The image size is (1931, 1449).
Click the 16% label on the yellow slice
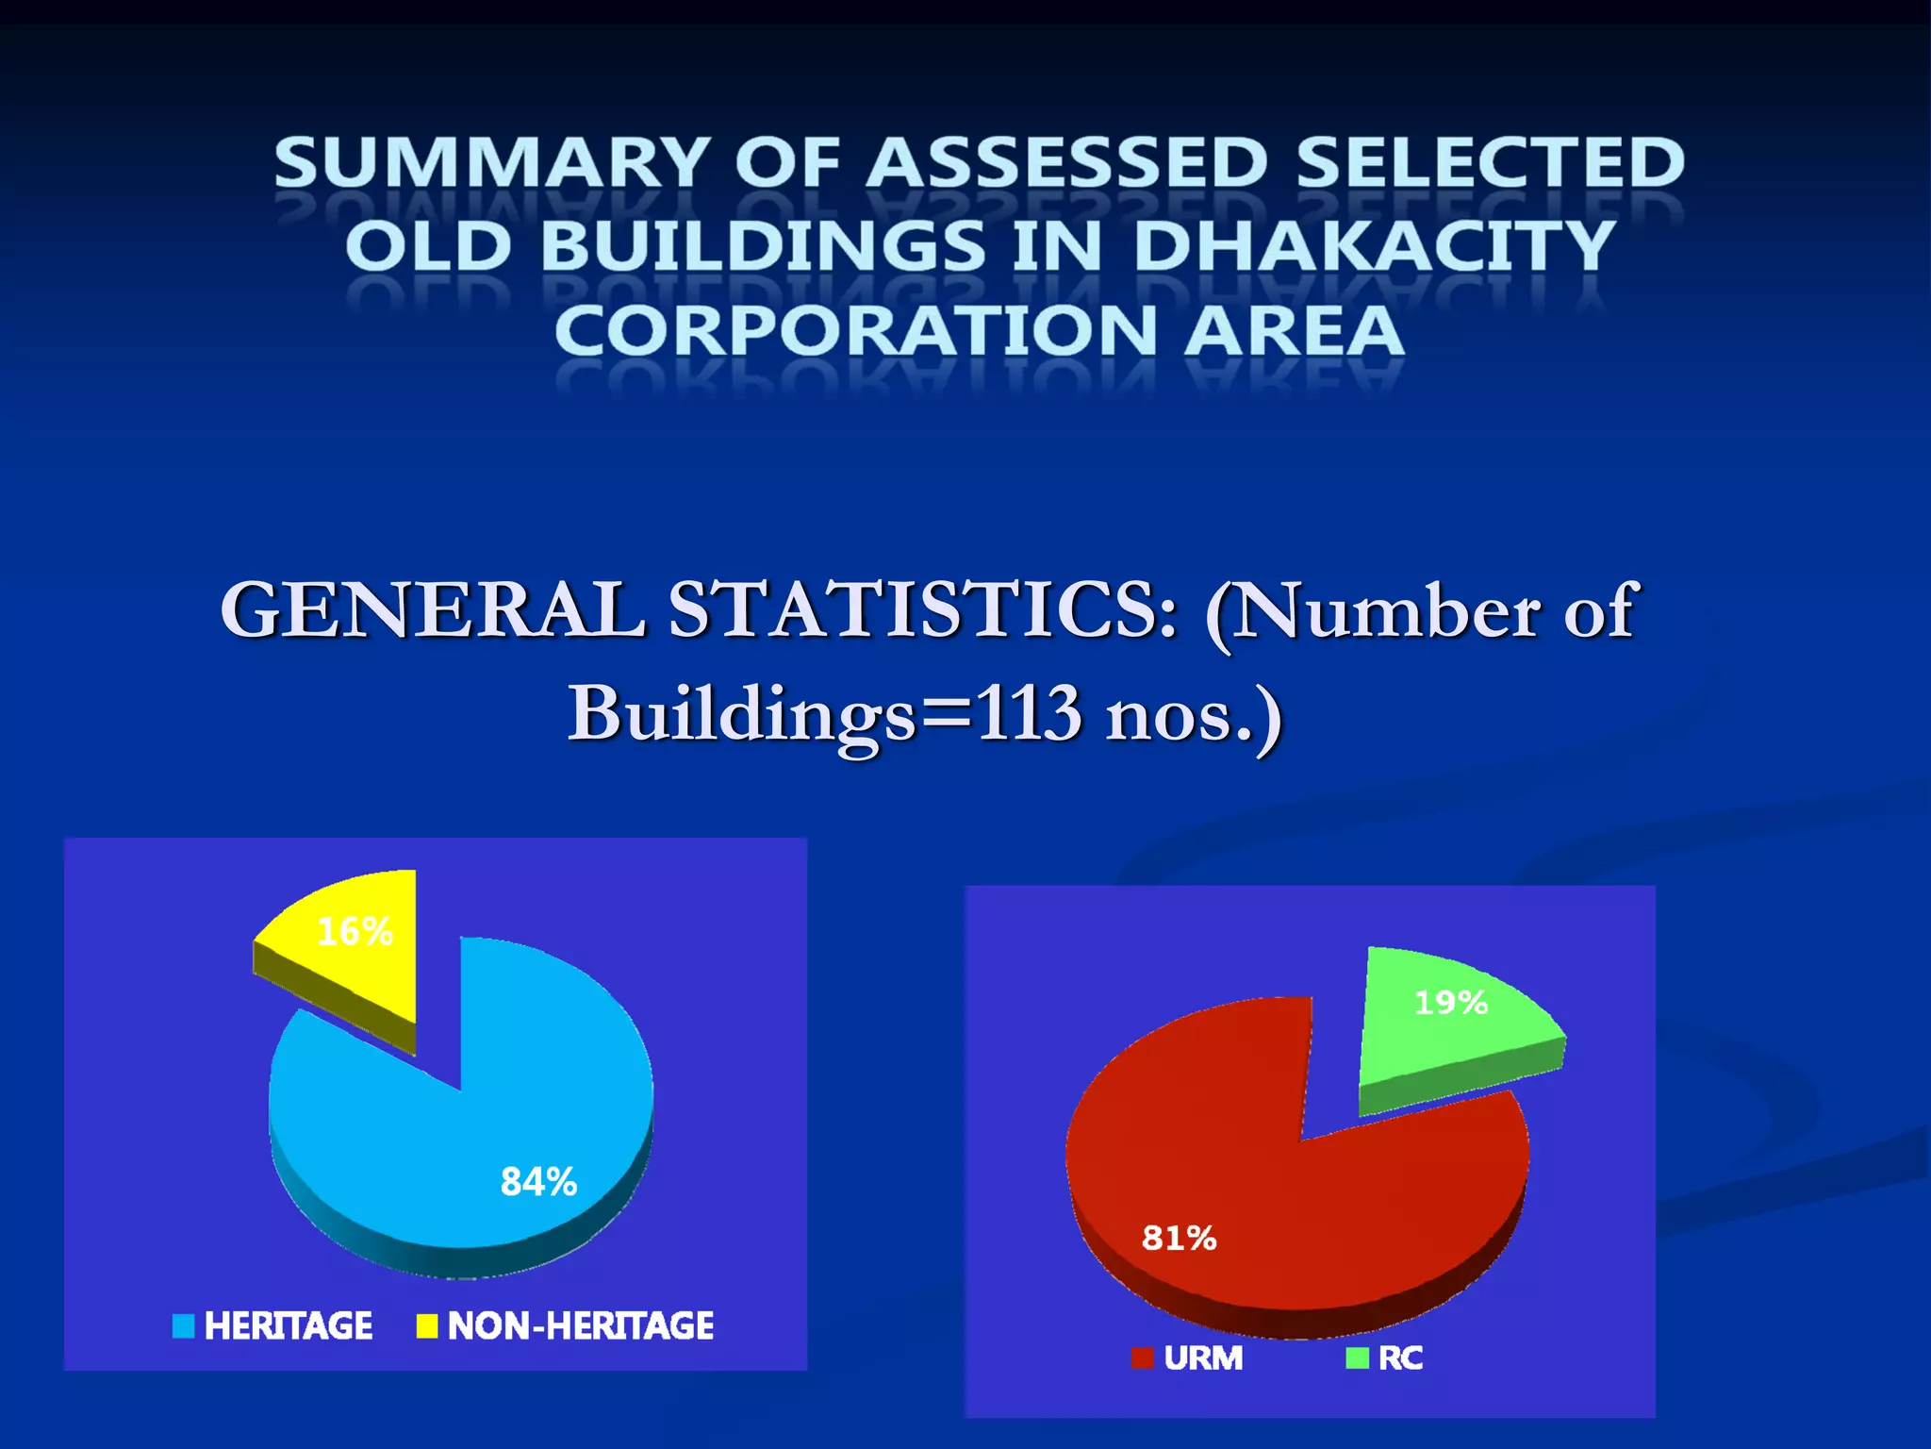355,932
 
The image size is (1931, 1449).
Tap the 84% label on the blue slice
538,1181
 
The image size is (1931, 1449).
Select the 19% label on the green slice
1451,1002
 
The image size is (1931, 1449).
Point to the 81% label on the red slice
1179,1237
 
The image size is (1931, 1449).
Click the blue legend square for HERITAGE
183,1325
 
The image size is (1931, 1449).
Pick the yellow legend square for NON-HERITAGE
427,1325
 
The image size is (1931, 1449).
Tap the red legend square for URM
1142,1357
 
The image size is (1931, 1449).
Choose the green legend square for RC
1357,1357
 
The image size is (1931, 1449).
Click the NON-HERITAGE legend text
581,1325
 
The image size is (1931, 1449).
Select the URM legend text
1203,1357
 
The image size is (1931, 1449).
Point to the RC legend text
1400,1357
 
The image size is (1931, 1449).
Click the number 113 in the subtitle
1028,713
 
